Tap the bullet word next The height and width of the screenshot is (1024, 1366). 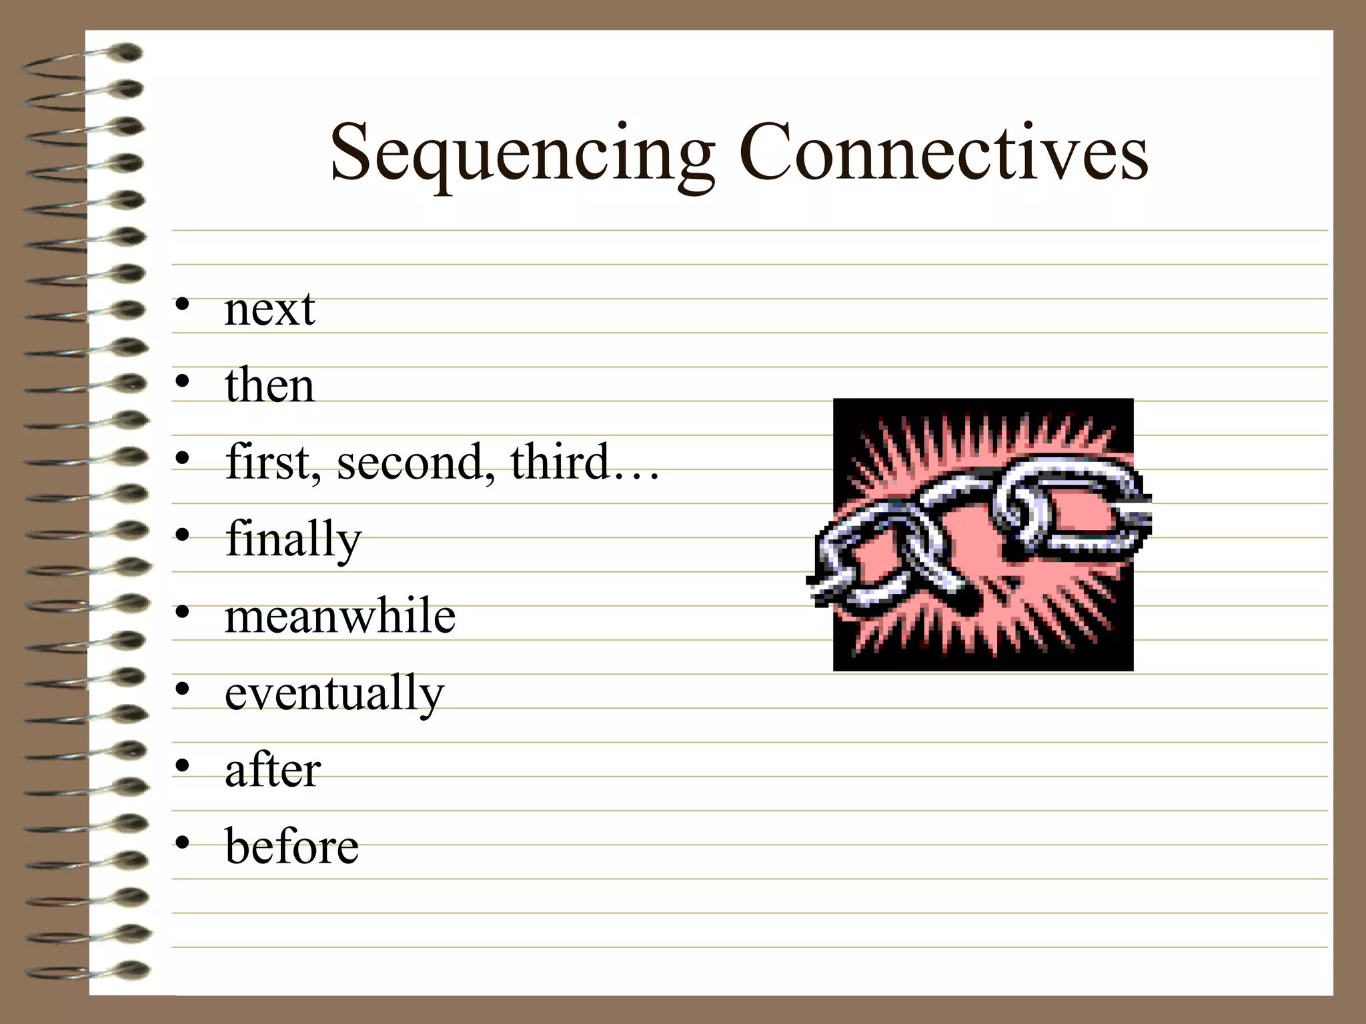coord(269,310)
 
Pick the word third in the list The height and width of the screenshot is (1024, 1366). coord(560,461)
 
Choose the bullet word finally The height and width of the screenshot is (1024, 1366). coord(293,539)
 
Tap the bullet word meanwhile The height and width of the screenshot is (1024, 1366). coord(340,616)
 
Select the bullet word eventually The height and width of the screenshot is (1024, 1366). coord(334,694)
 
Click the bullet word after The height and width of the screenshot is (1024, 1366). coord(273,771)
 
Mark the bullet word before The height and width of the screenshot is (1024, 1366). coord(291,847)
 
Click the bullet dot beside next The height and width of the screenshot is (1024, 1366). coord(182,306)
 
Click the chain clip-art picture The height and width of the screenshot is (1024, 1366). coord(982,535)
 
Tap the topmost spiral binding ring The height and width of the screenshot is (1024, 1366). coord(87,57)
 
